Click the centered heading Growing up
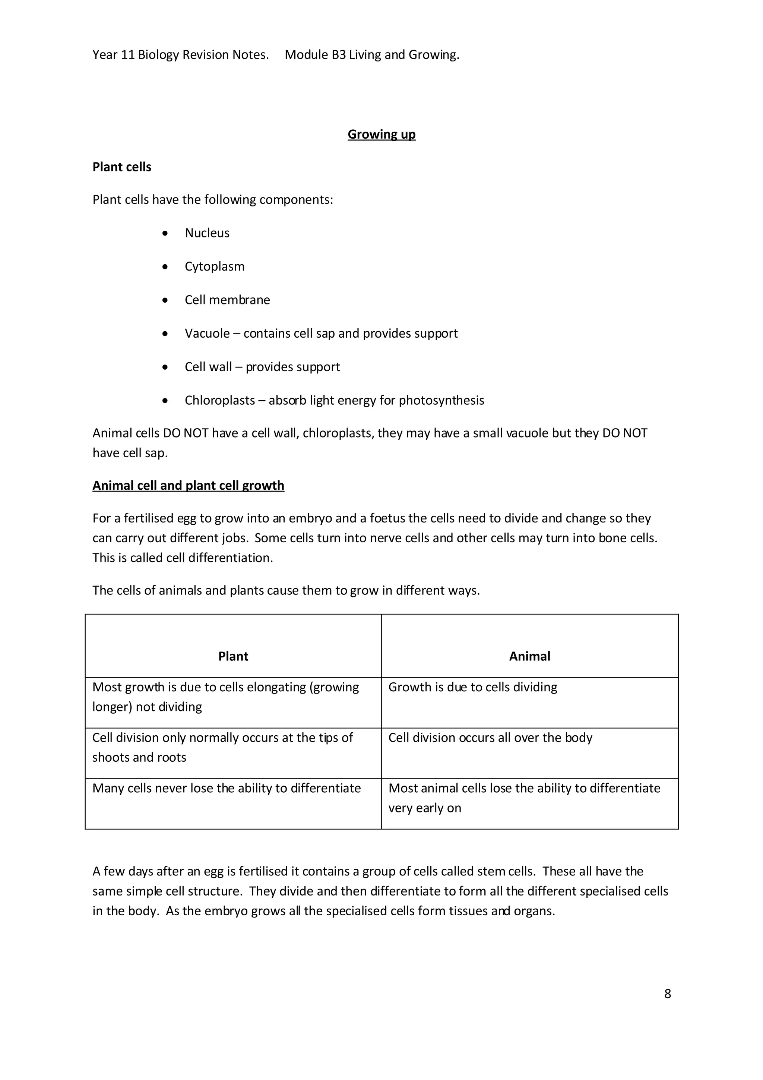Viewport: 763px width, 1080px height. [381, 135]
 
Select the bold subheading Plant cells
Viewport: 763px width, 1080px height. [122, 167]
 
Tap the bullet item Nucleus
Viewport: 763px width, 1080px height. [207, 233]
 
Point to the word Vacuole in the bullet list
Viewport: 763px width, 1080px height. [207, 334]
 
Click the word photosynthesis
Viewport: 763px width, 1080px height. [441, 400]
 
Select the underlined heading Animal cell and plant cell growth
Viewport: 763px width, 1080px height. [188, 486]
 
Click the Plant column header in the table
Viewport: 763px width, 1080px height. [233, 656]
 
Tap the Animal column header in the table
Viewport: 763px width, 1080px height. [529, 656]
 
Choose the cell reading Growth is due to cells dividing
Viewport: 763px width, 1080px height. [472, 687]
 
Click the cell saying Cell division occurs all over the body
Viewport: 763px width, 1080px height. [490, 738]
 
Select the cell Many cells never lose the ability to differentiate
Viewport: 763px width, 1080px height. [227, 788]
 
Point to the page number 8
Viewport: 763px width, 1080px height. [668, 994]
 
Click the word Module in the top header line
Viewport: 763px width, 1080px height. [306, 55]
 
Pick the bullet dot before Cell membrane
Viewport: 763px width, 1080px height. [165, 300]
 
